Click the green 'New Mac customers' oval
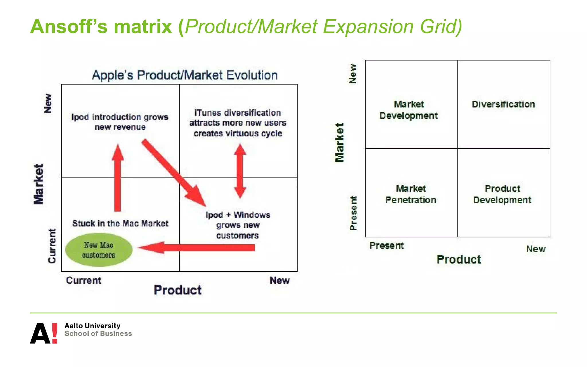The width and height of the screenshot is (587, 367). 99,250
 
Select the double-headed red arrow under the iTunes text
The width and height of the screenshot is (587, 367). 240,171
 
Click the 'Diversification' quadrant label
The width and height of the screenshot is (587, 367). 503,104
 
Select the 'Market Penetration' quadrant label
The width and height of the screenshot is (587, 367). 411,194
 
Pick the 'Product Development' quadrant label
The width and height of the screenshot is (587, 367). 502,194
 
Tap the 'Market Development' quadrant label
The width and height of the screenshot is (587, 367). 408,110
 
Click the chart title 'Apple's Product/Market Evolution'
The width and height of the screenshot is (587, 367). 185,75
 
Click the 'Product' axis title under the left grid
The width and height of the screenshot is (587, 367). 178,290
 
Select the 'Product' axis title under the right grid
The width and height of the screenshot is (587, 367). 459,259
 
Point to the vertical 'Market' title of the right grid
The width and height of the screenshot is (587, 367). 339,142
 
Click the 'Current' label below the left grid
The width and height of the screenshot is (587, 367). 83,280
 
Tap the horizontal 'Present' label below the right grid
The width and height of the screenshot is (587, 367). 386,246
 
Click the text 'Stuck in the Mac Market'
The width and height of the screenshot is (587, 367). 120,223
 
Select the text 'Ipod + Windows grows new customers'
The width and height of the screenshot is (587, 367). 238,225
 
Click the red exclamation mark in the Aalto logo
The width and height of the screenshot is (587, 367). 54,333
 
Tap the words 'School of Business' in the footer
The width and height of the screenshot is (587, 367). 98,334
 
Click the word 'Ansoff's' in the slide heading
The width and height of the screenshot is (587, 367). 69,26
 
